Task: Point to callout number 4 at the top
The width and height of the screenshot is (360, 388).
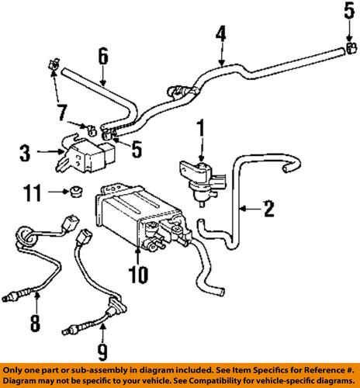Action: pyautogui.click(x=221, y=34)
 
